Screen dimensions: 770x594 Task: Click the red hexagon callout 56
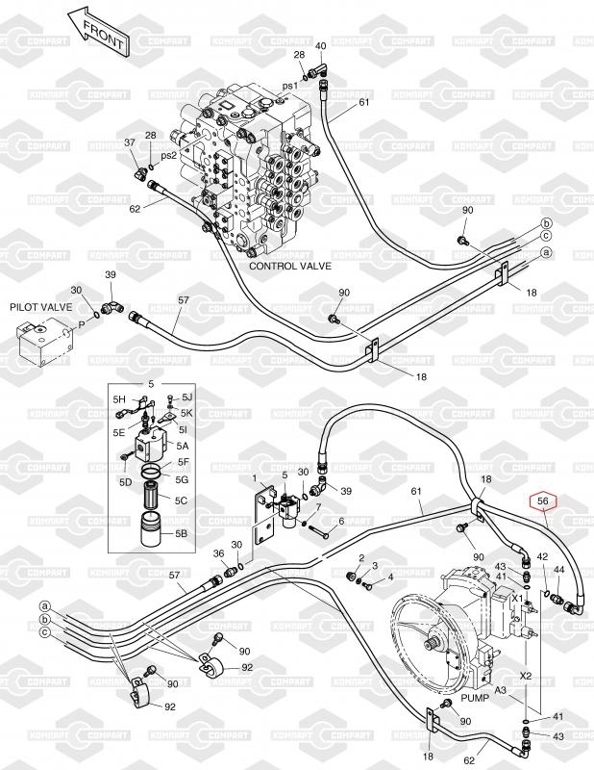coord(543,500)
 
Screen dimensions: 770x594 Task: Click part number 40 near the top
coord(320,45)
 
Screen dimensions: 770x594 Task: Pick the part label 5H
coord(120,398)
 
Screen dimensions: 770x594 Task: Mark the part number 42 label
coord(542,556)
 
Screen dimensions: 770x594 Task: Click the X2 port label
coord(525,675)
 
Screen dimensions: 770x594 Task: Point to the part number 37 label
coord(131,142)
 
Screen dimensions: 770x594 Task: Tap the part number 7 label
coord(318,506)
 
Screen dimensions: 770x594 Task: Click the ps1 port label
coord(289,87)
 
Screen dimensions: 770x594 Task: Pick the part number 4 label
coord(390,577)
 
